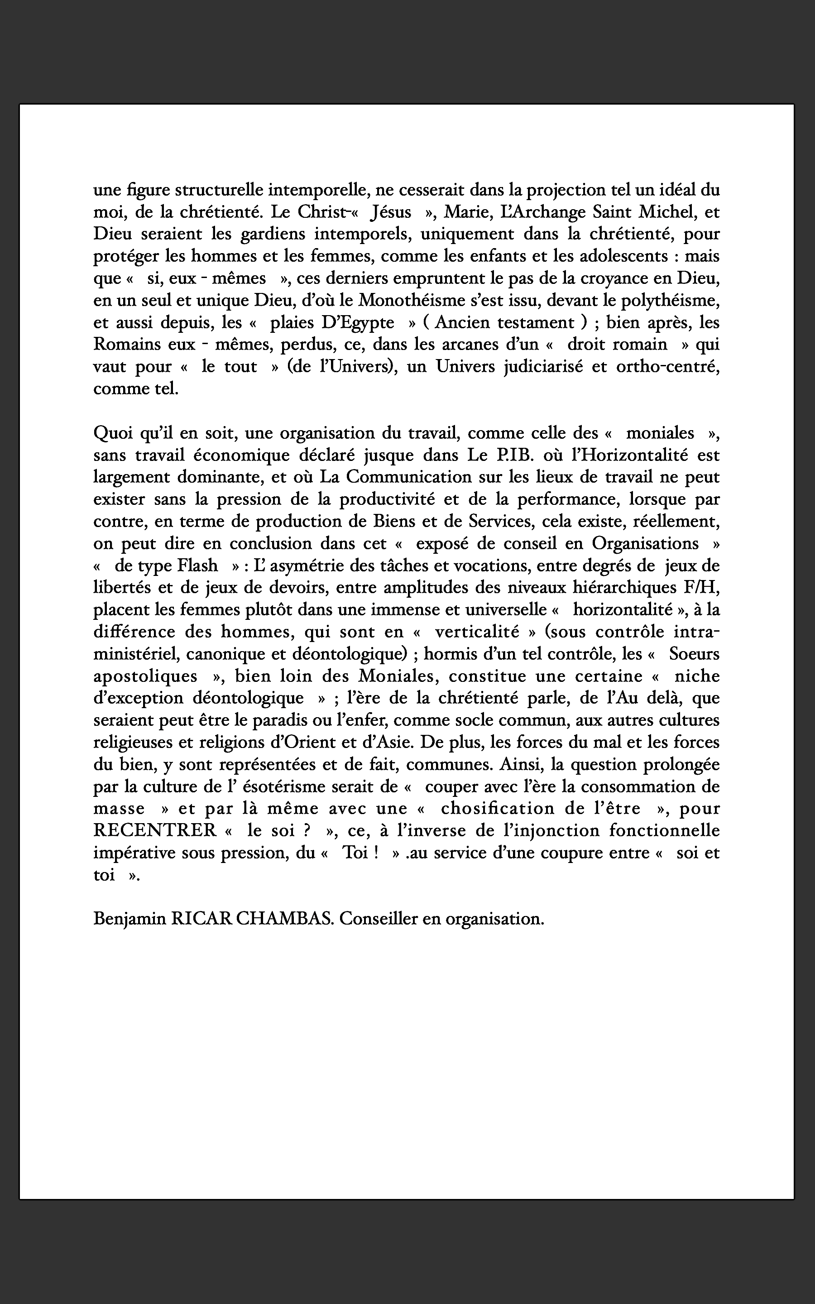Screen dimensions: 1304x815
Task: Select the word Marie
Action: (461, 212)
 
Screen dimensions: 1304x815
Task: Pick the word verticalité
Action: (476, 632)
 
